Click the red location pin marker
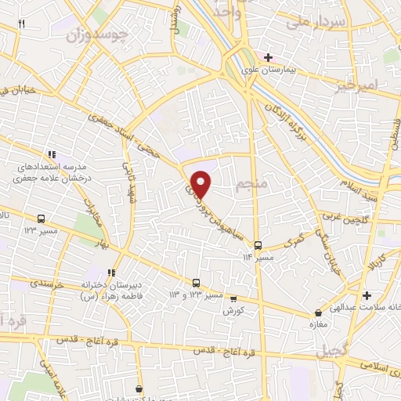click(x=201, y=184)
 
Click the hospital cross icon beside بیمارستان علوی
click(x=269, y=57)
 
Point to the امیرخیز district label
click(x=360, y=84)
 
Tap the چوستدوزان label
click(x=75, y=35)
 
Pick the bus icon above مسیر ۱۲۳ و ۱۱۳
click(x=197, y=283)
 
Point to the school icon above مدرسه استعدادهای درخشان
click(x=52, y=154)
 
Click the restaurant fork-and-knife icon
click(x=21, y=23)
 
